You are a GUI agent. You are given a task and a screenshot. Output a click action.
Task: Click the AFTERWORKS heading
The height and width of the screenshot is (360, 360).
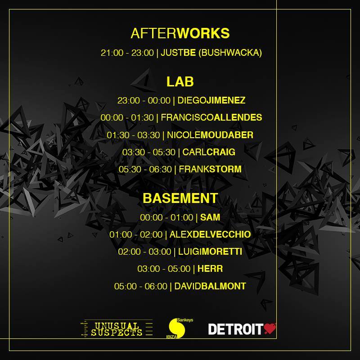click(x=180, y=33)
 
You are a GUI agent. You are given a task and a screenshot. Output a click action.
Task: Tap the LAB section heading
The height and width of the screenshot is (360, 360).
click(x=180, y=82)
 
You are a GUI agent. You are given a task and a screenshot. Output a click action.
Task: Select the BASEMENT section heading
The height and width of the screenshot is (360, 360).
click(x=180, y=198)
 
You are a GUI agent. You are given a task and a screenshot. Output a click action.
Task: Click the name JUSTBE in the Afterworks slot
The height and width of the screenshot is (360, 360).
click(x=178, y=53)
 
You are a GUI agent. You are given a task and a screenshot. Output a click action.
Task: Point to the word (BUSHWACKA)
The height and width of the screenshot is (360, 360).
click(x=230, y=53)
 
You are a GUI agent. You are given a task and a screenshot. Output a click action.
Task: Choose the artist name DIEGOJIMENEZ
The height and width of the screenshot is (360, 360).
click(x=211, y=100)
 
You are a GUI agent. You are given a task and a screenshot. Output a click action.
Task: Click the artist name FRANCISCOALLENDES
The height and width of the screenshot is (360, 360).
click(x=211, y=117)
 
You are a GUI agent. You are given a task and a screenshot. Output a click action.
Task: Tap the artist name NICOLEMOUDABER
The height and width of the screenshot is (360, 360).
click(x=210, y=135)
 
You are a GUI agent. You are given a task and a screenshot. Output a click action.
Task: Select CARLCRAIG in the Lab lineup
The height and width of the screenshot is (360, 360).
click(x=209, y=152)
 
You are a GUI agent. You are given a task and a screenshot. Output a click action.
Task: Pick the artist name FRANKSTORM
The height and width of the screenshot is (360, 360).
click(x=210, y=169)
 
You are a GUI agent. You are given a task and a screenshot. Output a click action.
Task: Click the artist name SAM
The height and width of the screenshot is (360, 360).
click(x=210, y=217)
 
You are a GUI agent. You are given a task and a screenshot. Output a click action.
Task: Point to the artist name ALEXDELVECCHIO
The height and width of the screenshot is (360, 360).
click(x=210, y=234)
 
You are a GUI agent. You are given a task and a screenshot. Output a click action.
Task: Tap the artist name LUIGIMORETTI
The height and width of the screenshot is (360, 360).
click(x=210, y=252)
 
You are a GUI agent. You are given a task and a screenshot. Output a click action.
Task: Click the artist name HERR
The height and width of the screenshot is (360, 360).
click(x=210, y=269)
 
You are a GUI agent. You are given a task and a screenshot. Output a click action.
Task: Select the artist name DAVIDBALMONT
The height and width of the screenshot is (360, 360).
click(x=210, y=286)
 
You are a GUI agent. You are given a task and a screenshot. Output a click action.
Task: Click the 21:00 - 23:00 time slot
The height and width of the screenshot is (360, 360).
click(x=127, y=53)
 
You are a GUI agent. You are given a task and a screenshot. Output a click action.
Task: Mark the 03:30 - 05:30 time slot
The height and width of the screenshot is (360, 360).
click(x=149, y=152)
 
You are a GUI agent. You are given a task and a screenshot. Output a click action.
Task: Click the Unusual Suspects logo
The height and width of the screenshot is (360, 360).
click(x=117, y=328)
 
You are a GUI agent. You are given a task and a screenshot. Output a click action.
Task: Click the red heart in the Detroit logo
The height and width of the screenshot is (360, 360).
click(x=270, y=328)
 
